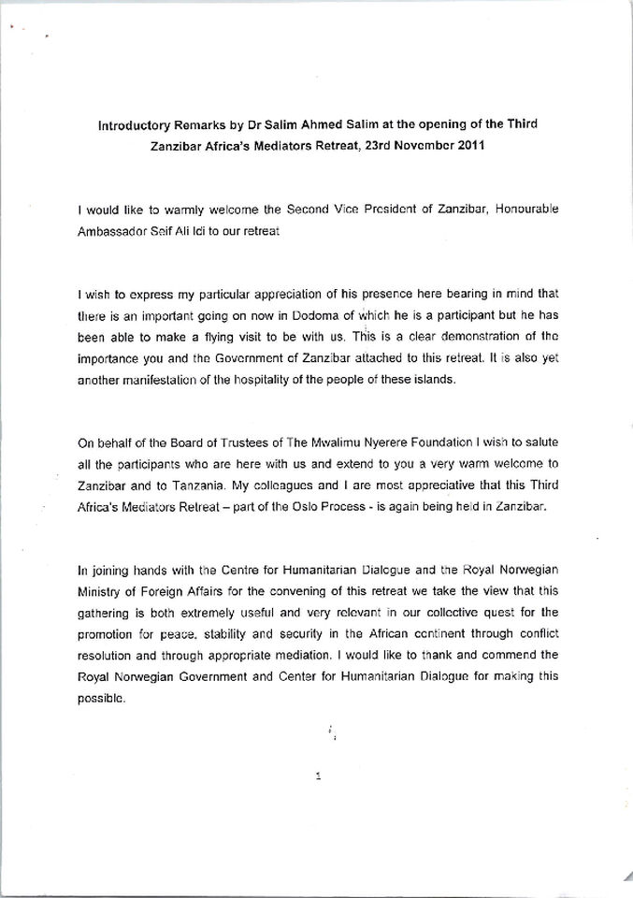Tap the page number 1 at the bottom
[x=319, y=775]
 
